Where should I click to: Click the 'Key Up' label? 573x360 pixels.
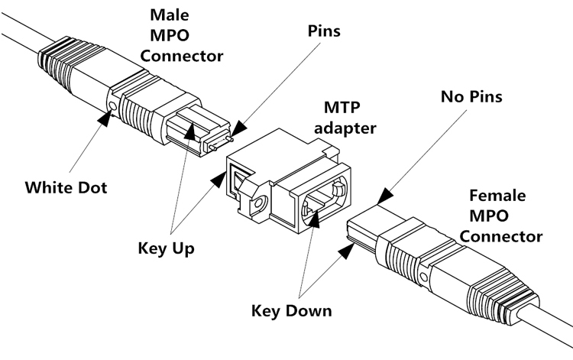[x=169, y=248]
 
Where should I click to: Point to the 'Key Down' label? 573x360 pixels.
[x=291, y=310]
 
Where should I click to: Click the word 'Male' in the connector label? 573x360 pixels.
[x=172, y=15]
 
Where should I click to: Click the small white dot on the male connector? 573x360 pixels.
[x=114, y=105]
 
